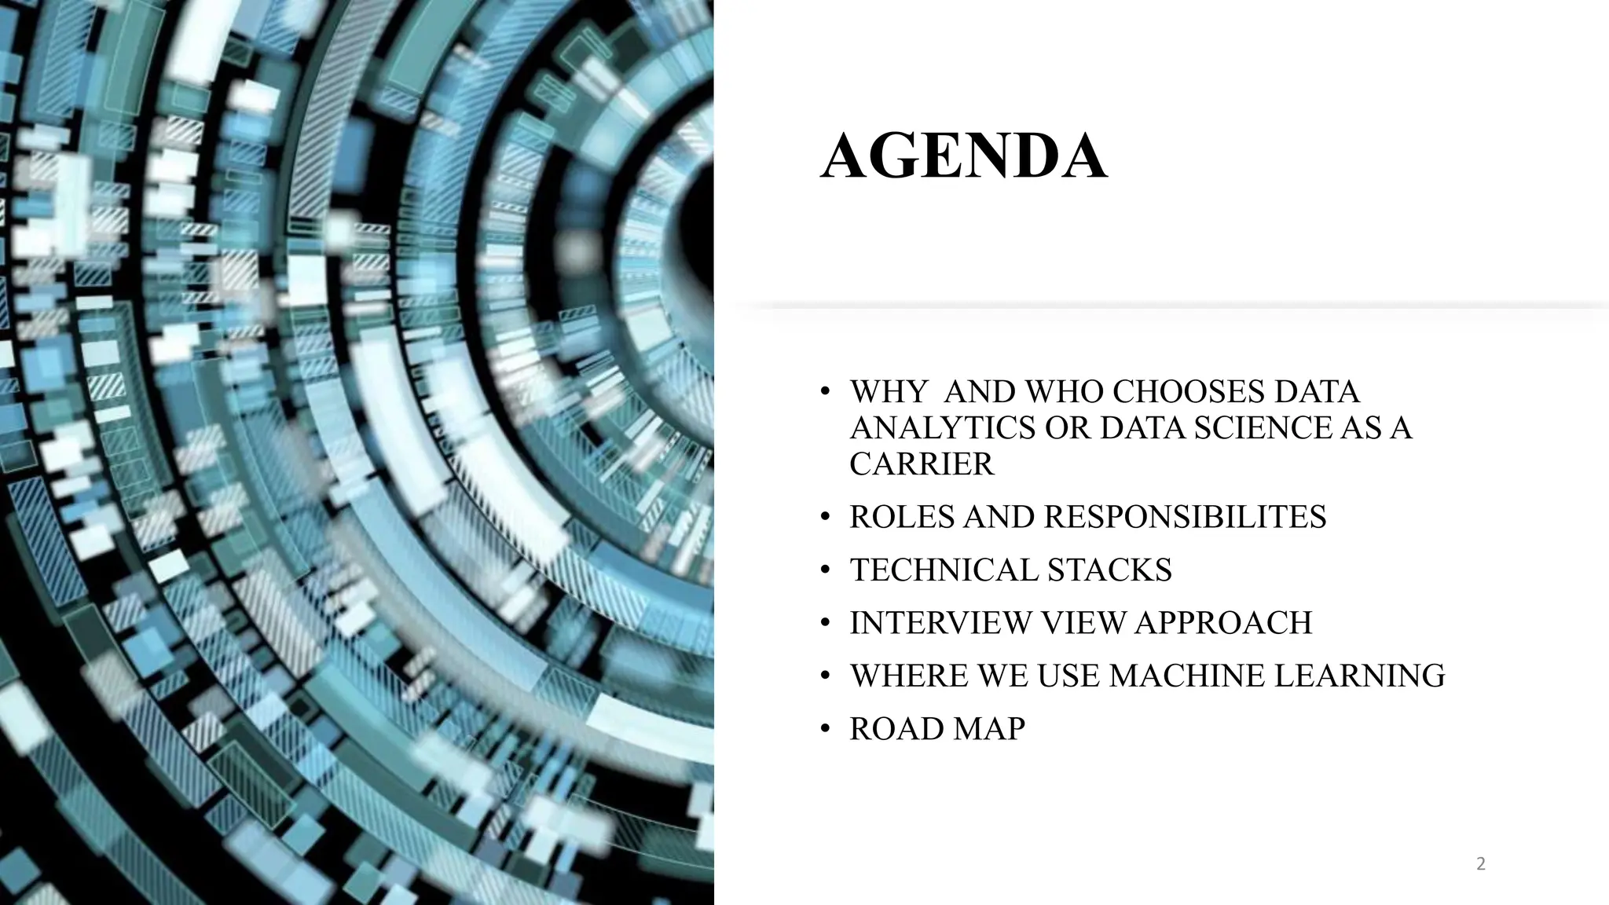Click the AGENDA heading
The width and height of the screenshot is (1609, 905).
[x=964, y=157]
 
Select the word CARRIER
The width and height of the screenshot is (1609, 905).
[x=922, y=464]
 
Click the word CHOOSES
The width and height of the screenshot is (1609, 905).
[x=1189, y=391]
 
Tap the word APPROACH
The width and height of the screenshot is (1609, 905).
[x=1223, y=623]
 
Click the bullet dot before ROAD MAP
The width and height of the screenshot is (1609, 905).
[x=824, y=730]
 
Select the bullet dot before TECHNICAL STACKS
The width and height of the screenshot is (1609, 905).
[x=824, y=570]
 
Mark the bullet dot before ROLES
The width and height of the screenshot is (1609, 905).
[x=824, y=518]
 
